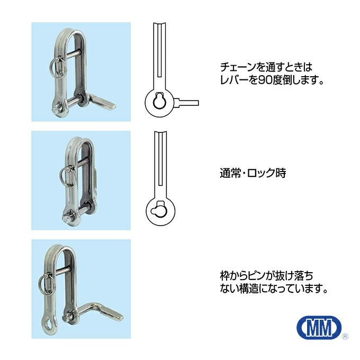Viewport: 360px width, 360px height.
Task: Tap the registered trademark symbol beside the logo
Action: (x=345, y=337)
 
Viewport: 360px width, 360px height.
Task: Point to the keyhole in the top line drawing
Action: (x=159, y=100)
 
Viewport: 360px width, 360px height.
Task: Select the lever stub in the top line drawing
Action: (x=186, y=103)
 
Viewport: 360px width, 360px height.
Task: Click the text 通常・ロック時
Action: (x=253, y=173)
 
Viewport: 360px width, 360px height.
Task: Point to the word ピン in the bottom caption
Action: (x=256, y=275)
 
